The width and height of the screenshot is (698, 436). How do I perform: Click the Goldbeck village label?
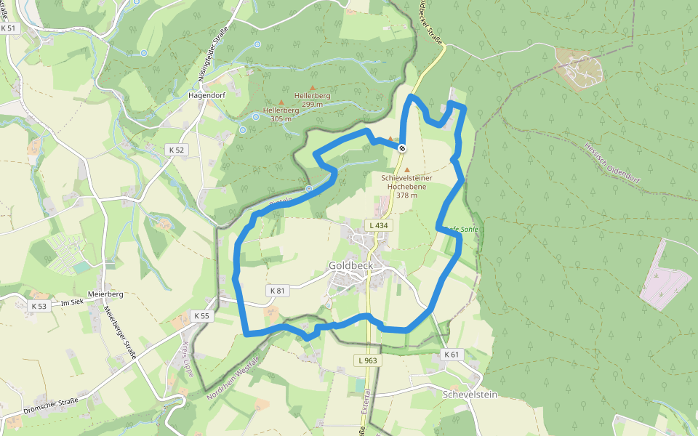pyautogui.click(x=350, y=266)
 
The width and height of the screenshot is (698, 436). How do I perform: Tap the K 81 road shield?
pyautogui.click(x=278, y=291)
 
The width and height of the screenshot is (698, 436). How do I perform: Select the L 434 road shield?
pyautogui.click(x=380, y=226)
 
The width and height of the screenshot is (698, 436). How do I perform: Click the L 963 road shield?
pyautogui.click(x=368, y=360)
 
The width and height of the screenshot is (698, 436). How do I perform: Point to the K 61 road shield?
pyautogui.click(x=452, y=355)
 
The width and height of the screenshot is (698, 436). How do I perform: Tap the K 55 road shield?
pyautogui.click(x=201, y=316)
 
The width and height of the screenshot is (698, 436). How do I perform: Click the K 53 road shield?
pyautogui.click(x=39, y=307)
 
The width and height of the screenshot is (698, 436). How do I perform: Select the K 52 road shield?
pyautogui.click(x=177, y=150)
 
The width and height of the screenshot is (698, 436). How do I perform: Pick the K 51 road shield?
pyautogui.click(x=8, y=28)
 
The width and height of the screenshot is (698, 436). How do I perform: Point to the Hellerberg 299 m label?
pyautogui.click(x=313, y=100)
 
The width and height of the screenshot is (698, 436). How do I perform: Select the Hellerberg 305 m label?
pyautogui.click(x=281, y=114)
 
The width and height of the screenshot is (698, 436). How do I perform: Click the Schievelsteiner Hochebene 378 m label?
pyautogui.click(x=406, y=186)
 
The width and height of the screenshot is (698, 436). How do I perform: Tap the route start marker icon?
pyautogui.click(x=402, y=148)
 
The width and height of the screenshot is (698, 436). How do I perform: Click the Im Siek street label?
pyautogui.click(x=73, y=302)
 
